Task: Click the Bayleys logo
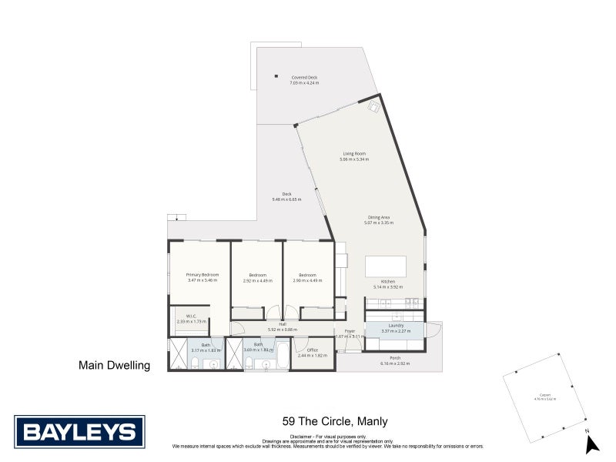click(79, 431)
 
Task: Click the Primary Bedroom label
click(202, 275)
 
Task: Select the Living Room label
click(353, 154)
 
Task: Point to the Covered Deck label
click(304, 78)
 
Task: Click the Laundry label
click(396, 326)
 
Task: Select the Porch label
click(395, 358)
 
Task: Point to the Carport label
click(545, 397)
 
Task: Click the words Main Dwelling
click(114, 366)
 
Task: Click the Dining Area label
click(377, 218)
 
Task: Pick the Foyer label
click(349, 332)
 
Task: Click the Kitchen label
click(387, 283)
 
